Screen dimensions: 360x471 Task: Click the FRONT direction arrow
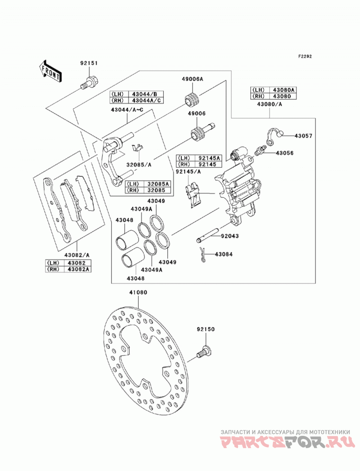[50, 71]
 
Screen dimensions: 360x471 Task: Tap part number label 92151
[89, 63]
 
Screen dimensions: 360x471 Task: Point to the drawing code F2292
[305, 56]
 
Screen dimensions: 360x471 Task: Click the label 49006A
[192, 79]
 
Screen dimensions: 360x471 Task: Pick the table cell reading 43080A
[284, 90]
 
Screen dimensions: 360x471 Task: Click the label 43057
[303, 136]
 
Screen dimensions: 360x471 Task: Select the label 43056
[284, 153]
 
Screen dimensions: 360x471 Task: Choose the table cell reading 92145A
[209, 158]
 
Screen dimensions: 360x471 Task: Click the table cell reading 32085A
[158, 184]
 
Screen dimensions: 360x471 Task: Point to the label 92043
[230, 236]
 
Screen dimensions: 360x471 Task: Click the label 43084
[224, 254]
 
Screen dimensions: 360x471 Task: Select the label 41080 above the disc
[138, 292]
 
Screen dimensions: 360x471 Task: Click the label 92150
[206, 329]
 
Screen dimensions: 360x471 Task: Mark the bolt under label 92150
[203, 352]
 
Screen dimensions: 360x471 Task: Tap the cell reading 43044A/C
[146, 100]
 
